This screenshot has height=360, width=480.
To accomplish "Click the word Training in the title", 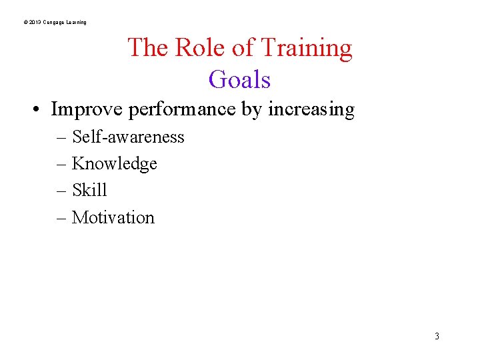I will coord(307,48).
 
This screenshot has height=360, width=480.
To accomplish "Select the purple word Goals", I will coord(239,79).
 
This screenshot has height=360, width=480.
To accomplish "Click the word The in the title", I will coord(148,48).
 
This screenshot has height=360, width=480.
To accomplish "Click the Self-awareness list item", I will coord(127,137).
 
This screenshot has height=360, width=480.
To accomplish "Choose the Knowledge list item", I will coord(114,164).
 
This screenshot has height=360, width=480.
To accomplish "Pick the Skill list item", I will coord(89,190).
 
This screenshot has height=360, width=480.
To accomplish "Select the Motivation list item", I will coord(113,217).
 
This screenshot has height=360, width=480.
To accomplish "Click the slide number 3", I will coord(437,336).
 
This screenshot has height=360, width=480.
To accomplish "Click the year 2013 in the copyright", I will coord(33,23).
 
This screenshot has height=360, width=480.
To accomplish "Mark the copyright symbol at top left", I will coord(25,23).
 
